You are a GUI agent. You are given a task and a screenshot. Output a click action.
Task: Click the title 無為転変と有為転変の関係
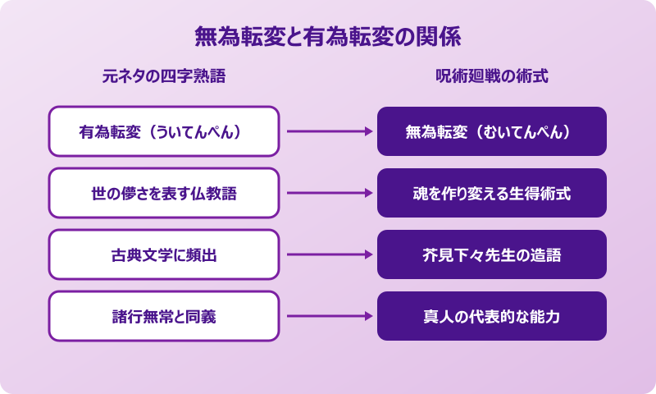[327, 37]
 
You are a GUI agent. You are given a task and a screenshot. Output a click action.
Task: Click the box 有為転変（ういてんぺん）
[164, 131]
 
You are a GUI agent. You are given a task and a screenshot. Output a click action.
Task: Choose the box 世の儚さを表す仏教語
[164, 193]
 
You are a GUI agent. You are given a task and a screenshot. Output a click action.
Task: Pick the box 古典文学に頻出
[164, 254]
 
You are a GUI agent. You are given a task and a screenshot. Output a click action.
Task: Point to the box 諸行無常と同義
[164, 316]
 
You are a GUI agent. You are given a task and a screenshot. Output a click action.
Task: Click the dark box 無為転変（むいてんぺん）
[492, 131]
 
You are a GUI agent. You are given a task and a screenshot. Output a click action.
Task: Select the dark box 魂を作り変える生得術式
[492, 193]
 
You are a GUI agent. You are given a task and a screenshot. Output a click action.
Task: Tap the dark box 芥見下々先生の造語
[492, 254]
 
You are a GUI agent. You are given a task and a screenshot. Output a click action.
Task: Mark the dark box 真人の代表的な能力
[492, 316]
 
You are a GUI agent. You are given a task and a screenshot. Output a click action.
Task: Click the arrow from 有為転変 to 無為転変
[328, 131]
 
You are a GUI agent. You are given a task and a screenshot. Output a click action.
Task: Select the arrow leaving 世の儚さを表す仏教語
[328, 193]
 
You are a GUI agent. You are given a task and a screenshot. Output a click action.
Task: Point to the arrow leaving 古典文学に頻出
[328, 254]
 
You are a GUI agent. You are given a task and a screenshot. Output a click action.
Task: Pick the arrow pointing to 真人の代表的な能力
[328, 316]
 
